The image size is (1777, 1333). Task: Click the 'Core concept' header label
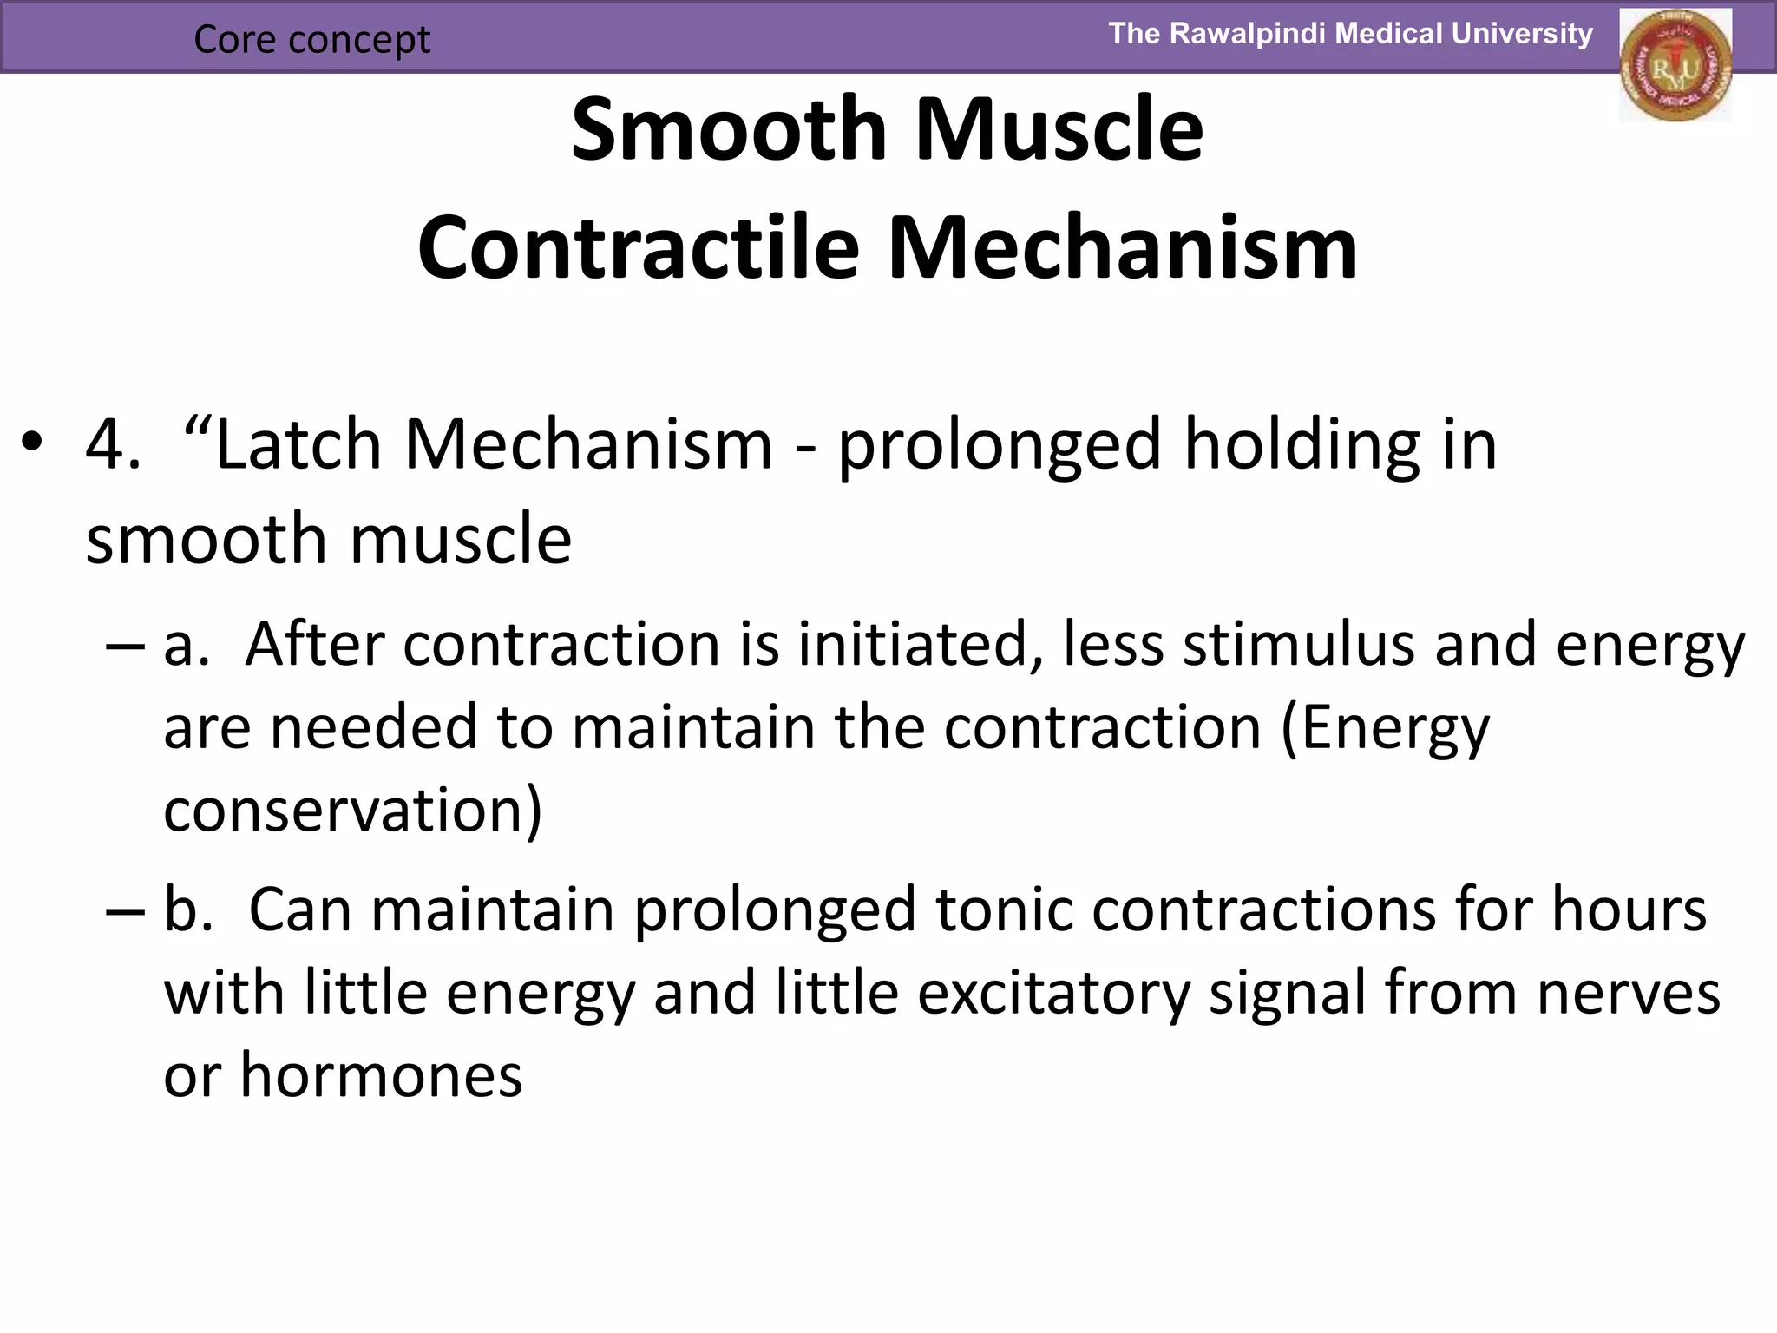click(x=311, y=39)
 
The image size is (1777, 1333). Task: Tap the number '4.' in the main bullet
click(x=113, y=444)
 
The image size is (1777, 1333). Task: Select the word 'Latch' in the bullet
click(x=298, y=444)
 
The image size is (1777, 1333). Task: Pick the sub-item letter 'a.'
click(x=187, y=645)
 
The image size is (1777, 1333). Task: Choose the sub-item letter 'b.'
click(x=188, y=909)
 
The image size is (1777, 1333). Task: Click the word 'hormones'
click(x=381, y=1075)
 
